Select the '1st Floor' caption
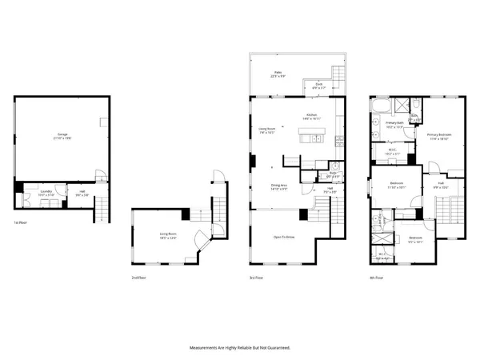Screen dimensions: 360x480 click(22, 222)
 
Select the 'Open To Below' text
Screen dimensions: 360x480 click(285, 238)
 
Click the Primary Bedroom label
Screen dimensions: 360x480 click(439, 136)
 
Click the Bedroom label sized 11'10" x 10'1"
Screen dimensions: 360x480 click(397, 185)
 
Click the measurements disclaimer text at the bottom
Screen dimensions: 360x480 click(239, 348)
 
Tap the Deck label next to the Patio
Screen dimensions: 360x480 click(318, 85)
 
